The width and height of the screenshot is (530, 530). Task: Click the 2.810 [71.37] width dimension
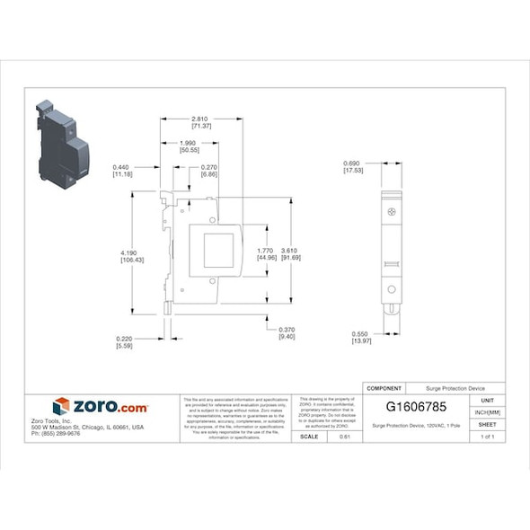coord(201,122)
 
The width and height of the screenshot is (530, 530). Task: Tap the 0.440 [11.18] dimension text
coord(122,171)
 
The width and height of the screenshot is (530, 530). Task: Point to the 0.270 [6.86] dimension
coord(209,171)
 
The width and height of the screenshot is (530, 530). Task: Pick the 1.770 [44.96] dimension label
coord(266,253)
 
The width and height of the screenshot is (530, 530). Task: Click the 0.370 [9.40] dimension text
coord(287,332)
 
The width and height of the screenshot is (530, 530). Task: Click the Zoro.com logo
coord(100,407)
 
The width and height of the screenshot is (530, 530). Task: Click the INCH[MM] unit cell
coord(487,411)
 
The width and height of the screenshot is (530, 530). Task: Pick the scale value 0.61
coord(343,437)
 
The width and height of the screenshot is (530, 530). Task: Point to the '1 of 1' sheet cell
coord(487,437)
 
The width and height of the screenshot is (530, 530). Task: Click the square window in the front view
coord(218,250)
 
